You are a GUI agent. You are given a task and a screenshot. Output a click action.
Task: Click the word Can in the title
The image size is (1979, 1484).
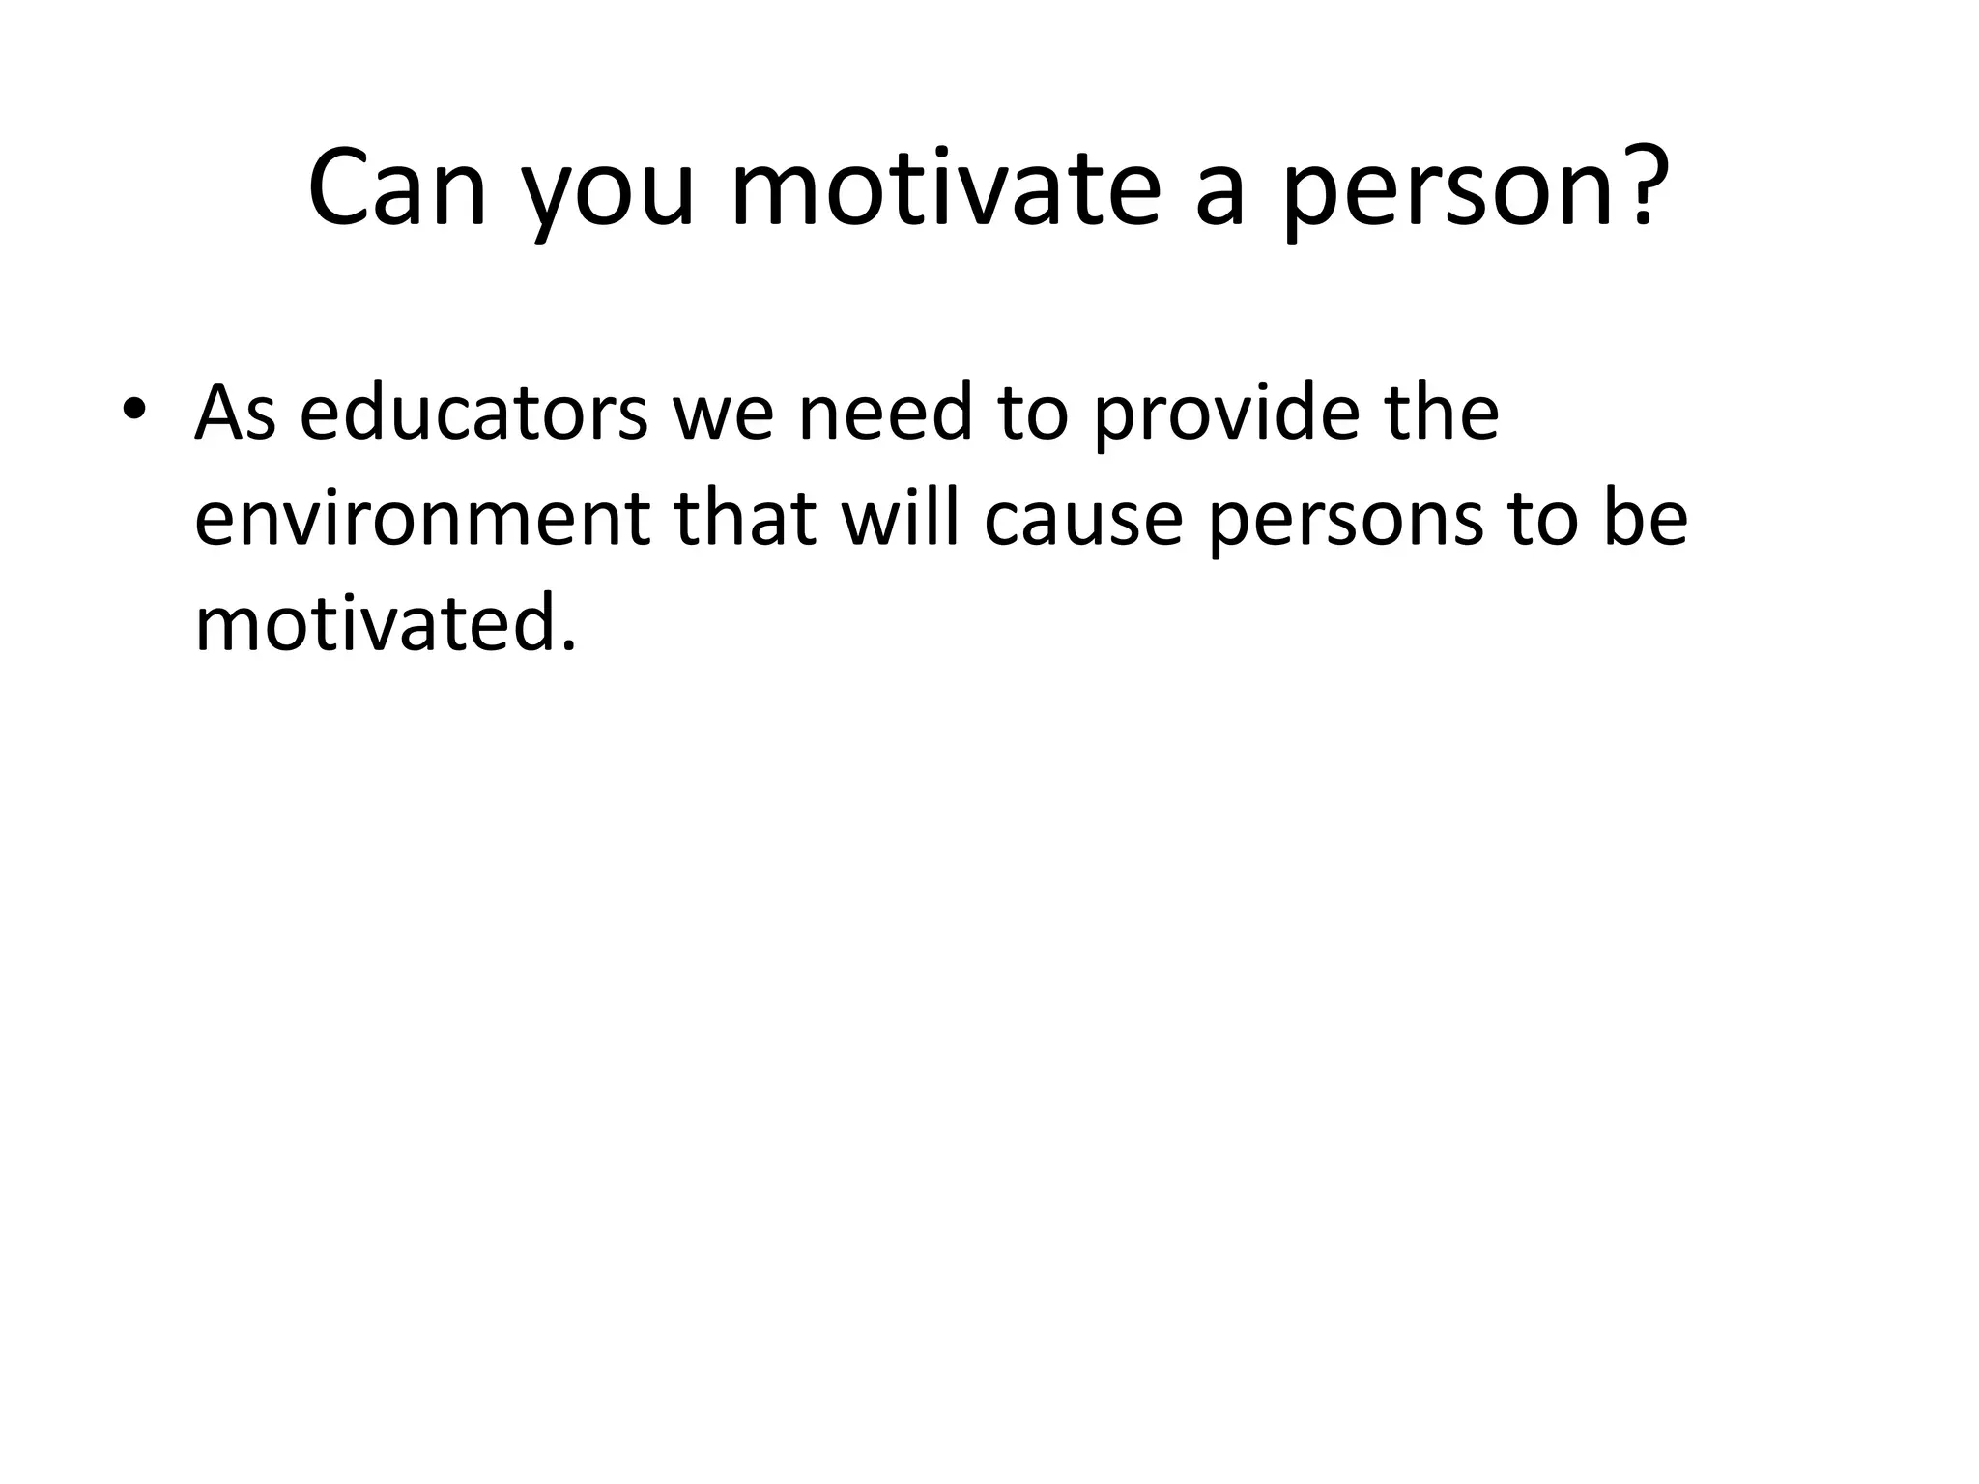coord(397,189)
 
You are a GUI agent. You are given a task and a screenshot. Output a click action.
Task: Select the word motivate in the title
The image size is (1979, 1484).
coord(944,189)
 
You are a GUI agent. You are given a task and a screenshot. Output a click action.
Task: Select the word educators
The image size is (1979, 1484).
coord(473,413)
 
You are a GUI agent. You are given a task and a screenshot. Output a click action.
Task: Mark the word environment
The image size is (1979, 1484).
coord(423,520)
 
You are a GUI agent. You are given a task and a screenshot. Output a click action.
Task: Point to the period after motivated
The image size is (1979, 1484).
coord(568,645)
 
